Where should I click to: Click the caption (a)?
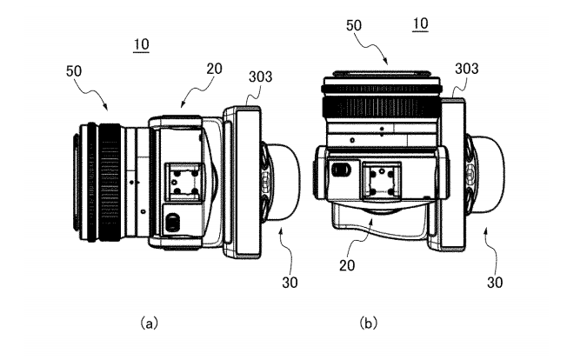click(149, 322)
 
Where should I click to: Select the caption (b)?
click(368, 322)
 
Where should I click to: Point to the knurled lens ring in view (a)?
click(108, 182)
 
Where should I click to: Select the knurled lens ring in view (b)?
click(384, 106)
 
